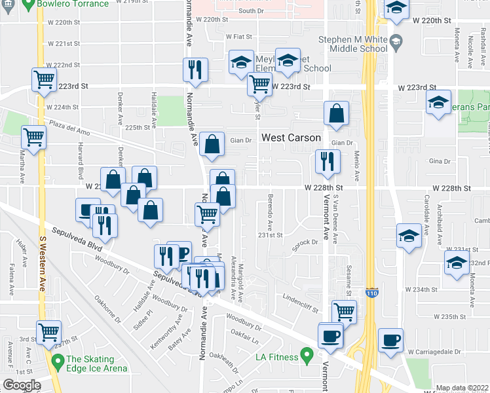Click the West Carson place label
pos(292,138)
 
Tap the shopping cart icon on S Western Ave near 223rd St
pos(44,80)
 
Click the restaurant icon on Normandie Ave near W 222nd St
pos(195,69)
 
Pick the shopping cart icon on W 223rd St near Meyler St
pos(259,84)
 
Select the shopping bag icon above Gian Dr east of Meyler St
pos(336,113)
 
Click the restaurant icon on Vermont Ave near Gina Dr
pos(327,161)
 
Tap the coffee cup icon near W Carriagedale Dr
pos(390,340)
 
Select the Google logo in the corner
pos(21,385)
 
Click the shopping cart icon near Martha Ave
pos(34,137)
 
